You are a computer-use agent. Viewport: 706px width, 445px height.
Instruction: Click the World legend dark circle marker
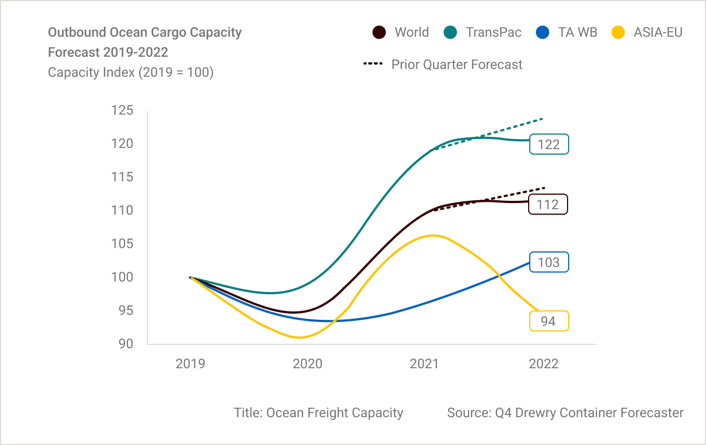[379, 32]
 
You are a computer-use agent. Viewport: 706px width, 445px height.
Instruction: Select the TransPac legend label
[494, 32]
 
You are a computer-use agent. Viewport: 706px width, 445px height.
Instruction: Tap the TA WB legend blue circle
[543, 32]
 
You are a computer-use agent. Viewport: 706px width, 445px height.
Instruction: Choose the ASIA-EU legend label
[658, 32]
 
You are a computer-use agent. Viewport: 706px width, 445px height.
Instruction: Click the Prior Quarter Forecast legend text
[456, 65]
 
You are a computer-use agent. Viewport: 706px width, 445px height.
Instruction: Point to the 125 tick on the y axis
[122, 110]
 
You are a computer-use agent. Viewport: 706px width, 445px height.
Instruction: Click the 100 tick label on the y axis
[122, 277]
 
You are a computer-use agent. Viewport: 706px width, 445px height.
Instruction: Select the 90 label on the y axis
[126, 344]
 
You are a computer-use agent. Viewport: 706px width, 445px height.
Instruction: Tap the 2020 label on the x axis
[307, 364]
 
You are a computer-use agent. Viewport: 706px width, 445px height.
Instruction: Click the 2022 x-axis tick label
[543, 364]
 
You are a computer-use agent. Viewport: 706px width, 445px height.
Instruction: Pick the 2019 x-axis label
[190, 364]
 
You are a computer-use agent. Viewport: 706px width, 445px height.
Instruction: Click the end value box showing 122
[549, 145]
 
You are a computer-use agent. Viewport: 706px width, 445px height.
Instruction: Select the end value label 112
[548, 204]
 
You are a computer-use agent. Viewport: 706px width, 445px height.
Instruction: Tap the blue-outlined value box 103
[549, 262]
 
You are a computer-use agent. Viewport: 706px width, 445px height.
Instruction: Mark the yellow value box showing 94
[548, 321]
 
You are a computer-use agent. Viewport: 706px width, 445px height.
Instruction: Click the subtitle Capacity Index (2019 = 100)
[131, 72]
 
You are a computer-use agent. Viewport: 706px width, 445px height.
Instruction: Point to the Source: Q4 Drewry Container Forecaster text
[565, 413]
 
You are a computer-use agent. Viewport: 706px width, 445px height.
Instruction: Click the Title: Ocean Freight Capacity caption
[319, 413]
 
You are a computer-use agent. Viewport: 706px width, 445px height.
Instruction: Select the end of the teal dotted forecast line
[542, 118]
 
